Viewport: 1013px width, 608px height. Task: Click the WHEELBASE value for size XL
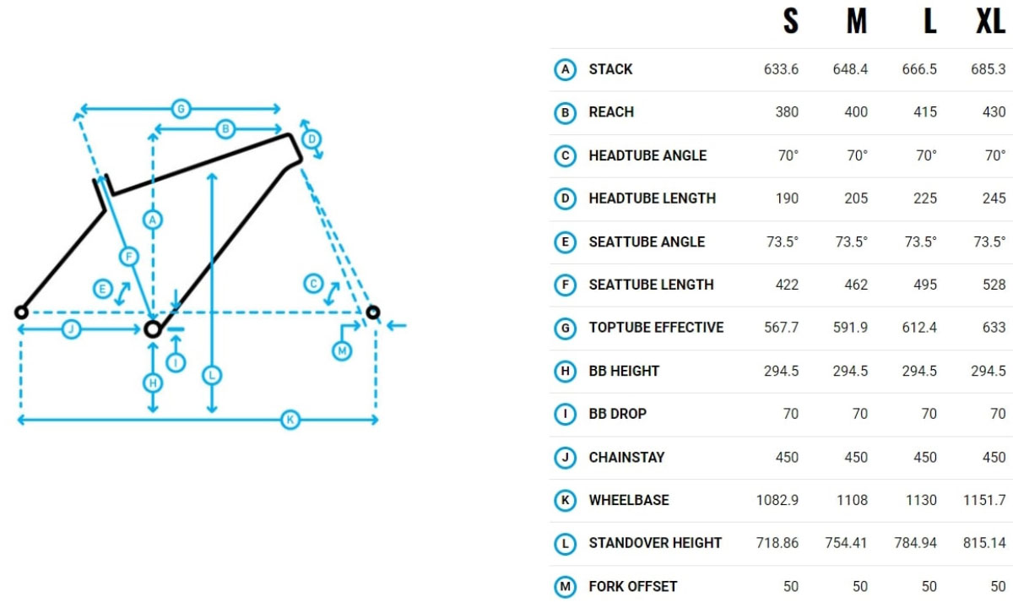pos(983,500)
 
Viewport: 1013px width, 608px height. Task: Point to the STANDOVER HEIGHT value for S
pos(777,543)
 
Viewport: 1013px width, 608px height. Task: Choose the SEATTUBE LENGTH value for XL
pos(989,285)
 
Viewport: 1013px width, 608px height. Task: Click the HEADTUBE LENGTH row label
pos(652,198)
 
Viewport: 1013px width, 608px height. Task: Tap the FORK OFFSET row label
pos(632,586)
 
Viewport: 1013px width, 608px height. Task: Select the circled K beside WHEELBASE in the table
pos(565,500)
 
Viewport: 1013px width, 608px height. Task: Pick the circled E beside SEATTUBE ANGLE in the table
pos(565,242)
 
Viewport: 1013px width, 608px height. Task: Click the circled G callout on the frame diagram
pos(180,108)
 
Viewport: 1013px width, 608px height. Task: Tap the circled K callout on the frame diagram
pos(290,420)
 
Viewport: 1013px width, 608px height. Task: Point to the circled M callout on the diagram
pos(342,350)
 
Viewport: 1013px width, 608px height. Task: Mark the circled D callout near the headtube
pos(311,138)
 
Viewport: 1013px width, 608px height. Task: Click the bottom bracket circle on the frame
pos(152,328)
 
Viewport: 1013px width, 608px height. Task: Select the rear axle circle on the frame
pos(21,312)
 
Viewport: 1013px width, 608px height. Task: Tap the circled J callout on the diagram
pos(71,329)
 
